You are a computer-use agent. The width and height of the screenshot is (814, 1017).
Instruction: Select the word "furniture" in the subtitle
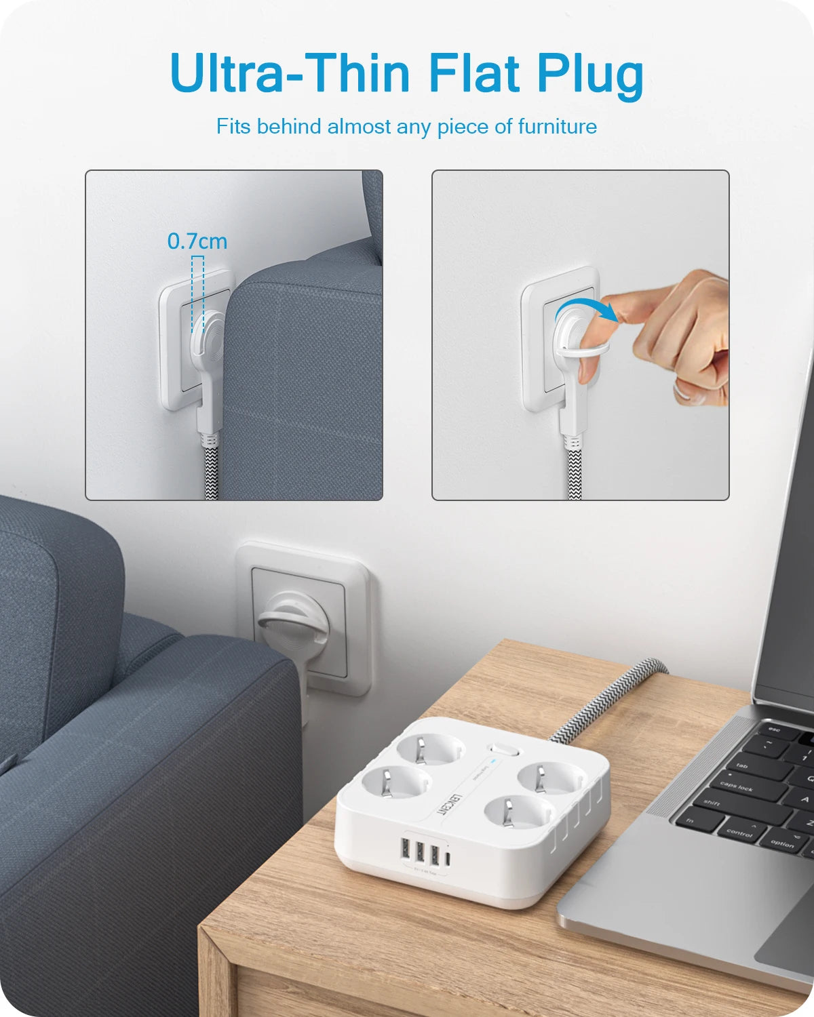point(557,127)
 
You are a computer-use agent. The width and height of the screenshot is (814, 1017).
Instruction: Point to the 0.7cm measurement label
point(197,241)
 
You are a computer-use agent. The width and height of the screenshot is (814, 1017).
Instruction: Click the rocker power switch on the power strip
point(503,751)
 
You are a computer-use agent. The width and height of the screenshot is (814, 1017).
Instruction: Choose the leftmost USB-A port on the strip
point(406,850)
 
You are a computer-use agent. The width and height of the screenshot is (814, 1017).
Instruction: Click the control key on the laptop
point(739,831)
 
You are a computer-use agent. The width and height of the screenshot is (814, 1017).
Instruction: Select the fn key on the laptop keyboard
point(690,821)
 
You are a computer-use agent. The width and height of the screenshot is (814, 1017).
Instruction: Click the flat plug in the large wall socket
point(292,624)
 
